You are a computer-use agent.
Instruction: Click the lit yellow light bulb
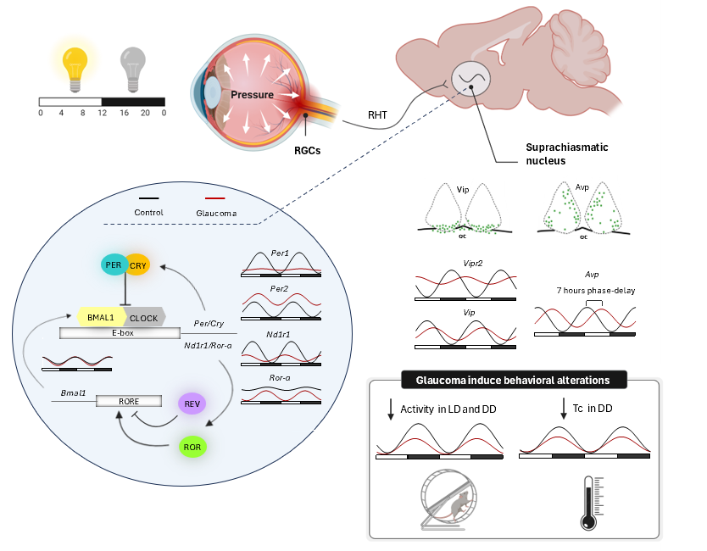(75, 67)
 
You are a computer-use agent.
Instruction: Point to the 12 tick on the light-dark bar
(102, 113)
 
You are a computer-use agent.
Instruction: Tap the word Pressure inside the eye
(253, 94)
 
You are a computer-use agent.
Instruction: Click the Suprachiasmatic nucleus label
(566, 153)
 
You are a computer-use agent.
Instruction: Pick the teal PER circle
(114, 265)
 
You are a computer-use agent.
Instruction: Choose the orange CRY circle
(138, 265)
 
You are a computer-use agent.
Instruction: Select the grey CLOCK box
(146, 317)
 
